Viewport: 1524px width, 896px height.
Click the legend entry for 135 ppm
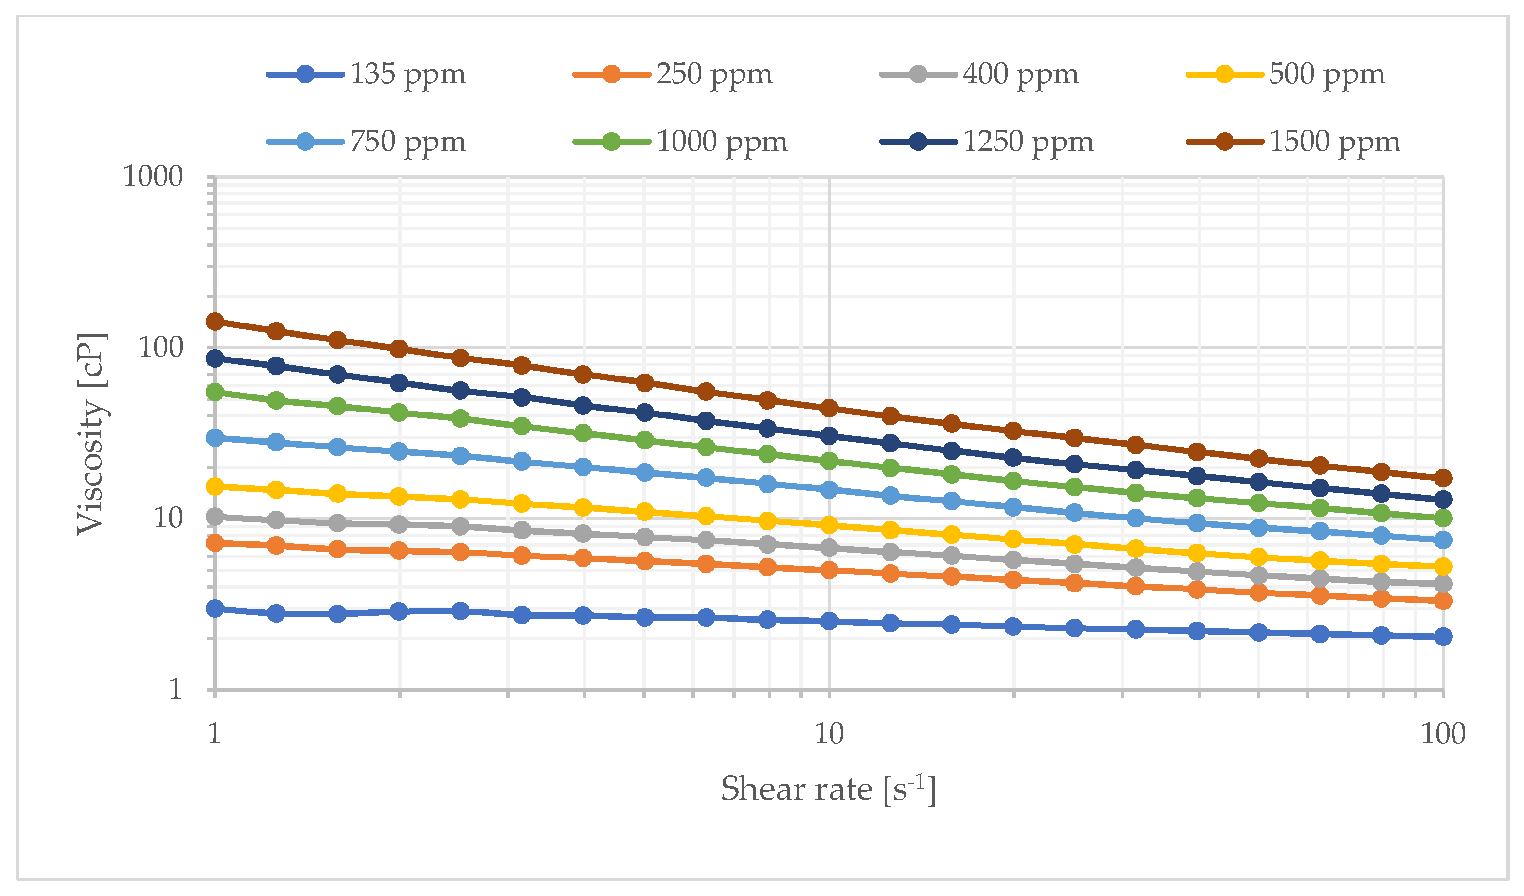pos(408,74)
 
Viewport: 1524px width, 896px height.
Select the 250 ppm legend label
pos(714,74)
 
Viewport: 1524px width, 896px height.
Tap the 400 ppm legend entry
pos(1020,74)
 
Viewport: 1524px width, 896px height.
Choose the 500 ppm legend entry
pos(1326,74)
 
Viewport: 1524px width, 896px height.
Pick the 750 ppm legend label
pos(408,142)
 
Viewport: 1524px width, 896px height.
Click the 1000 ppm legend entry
pos(722,142)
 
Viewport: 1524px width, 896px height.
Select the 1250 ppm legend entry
pos(1028,142)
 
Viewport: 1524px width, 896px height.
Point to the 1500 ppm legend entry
pos(1334,142)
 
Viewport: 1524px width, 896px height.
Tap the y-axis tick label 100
pos(161,348)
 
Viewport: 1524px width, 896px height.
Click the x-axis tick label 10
pos(829,734)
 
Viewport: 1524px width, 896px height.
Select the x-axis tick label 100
pos(1443,734)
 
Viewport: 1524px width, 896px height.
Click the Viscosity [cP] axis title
pos(92,434)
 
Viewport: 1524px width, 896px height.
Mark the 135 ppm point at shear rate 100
pos(1443,636)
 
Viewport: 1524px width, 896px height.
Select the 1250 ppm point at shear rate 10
pos(829,436)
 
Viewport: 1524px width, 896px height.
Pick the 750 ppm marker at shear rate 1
pos(214,437)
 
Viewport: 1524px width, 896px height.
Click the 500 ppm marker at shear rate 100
pos(1443,567)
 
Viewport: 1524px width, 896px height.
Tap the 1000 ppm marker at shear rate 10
pos(829,461)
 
